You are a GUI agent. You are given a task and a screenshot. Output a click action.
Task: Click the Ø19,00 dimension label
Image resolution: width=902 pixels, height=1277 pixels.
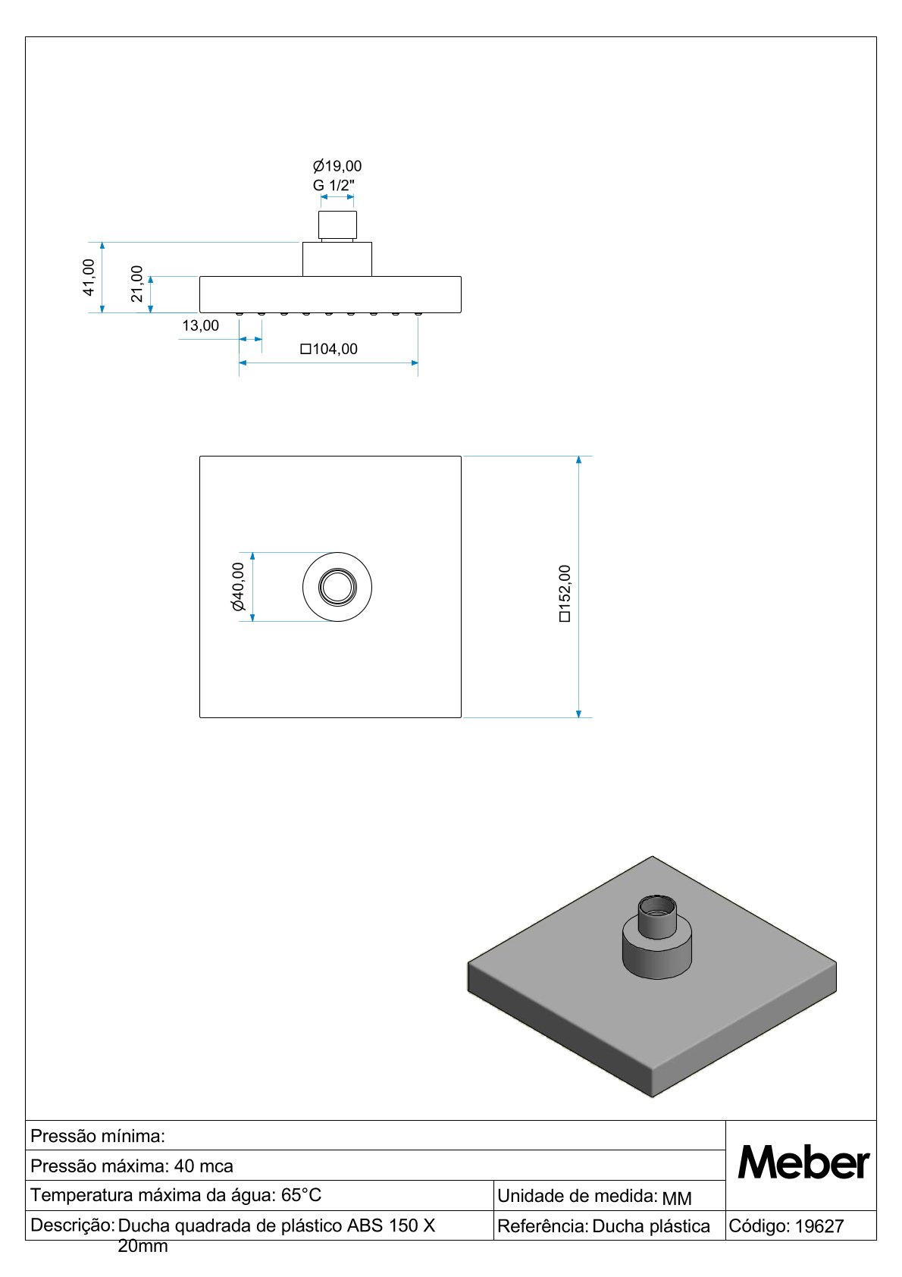pos(337,166)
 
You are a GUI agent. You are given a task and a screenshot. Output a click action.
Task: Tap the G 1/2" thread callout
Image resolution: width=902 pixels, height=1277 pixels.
pos(334,185)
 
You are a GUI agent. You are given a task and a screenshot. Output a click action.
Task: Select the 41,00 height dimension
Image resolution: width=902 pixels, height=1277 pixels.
pos(89,278)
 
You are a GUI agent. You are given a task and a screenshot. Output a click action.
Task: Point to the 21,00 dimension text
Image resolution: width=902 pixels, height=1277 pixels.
pos(136,284)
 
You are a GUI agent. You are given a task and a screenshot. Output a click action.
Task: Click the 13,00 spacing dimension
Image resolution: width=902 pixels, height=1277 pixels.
pos(201,325)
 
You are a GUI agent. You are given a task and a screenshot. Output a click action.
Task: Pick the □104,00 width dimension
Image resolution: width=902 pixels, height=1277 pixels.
pos(329,349)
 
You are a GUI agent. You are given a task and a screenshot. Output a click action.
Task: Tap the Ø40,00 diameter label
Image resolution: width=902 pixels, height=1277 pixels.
pos(237,587)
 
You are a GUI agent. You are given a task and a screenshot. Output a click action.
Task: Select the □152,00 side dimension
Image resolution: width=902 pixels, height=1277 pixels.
pos(565,594)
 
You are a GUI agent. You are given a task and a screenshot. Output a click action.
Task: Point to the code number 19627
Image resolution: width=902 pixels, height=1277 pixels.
pos(819,1226)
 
